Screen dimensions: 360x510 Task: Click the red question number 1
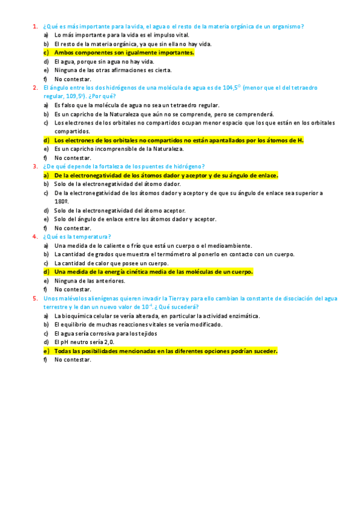(x=34, y=26)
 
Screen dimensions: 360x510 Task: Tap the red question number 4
(x=34, y=236)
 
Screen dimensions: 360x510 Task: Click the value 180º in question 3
(x=61, y=202)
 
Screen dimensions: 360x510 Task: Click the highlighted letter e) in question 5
(x=46, y=351)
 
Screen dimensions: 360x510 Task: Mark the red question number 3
(x=34, y=167)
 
